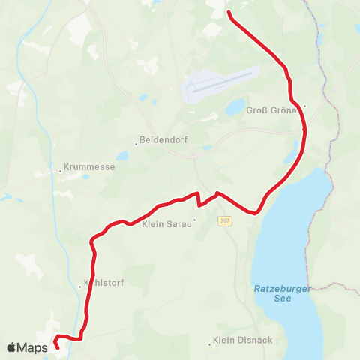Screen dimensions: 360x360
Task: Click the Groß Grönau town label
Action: click(273, 110)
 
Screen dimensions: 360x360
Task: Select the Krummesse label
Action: click(90, 167)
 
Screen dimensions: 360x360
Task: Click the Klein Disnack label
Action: click(238, 340)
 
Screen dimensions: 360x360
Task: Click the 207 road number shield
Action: click(225, 221)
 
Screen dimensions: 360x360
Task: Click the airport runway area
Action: click(221, 84)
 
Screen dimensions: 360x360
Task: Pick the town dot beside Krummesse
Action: click(60, 170)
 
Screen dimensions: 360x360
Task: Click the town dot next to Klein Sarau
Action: click(193, 220)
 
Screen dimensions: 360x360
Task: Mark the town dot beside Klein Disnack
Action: click(209, 344)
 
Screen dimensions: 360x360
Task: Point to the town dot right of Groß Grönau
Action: click(304, 106)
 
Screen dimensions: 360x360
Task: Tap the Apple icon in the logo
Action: click(11, 347)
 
